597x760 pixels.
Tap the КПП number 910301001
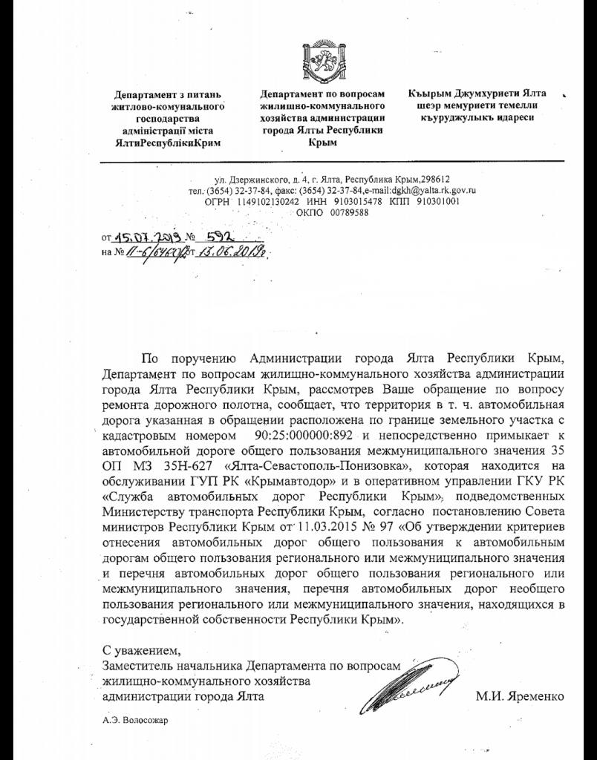432,201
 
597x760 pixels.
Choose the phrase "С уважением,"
141,652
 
